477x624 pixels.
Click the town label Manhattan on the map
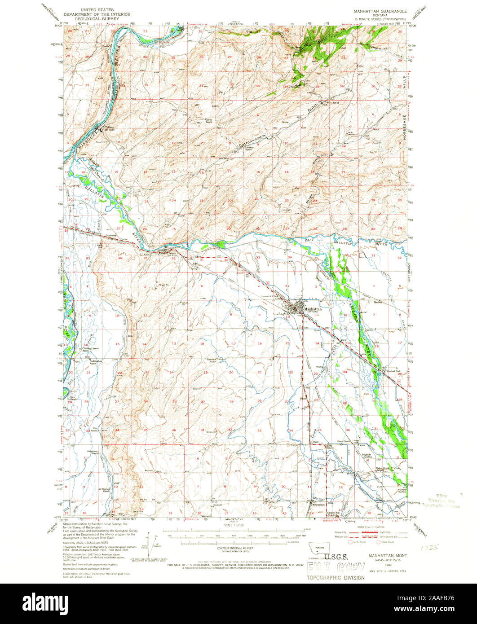pyautogui.click(x=313, y=309)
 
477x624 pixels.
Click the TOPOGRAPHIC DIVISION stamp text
pyautogui.click(x=336, y=577)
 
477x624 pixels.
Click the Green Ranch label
pyautogui.click(x=208, y=120)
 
